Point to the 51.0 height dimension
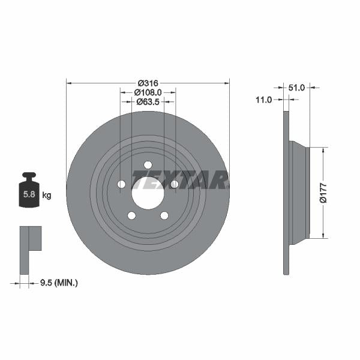297,88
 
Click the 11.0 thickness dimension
264,100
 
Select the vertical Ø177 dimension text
323,192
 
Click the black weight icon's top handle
30,176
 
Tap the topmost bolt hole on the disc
148,165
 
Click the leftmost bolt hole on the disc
121,184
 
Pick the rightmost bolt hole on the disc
174,184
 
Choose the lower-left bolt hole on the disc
131,215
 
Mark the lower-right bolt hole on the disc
164,215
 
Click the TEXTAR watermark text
180,179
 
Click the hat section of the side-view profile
299,192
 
